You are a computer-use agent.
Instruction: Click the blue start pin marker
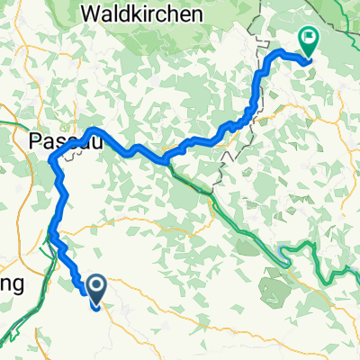tap(96, 285)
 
